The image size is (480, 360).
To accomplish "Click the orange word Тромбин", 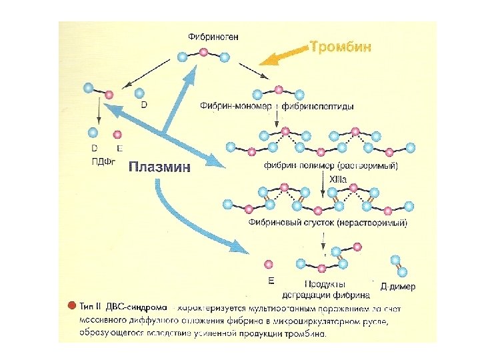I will click(x=341, y=47).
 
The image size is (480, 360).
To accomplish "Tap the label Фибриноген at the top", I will click(x=214, y=37).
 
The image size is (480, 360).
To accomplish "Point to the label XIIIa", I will click(x=338, y=179).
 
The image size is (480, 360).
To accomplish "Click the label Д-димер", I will click(x=397, y=287).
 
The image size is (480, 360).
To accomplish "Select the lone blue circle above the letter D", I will click(x=140, y=93).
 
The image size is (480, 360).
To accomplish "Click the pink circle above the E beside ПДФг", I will click(x=117, y=135).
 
